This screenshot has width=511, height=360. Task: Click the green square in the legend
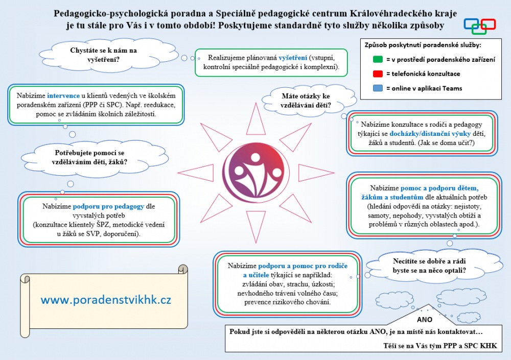pos(378,60)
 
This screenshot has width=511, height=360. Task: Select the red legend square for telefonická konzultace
pos(378,74)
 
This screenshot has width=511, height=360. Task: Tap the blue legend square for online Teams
pos(378,88)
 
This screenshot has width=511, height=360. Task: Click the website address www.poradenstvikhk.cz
pos(106,300)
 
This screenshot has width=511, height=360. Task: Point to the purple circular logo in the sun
pos(255,172)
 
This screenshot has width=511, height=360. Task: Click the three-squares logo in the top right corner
pos(479,26)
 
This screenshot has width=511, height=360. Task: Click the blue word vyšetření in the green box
pos(293,58)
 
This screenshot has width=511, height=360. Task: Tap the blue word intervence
pos(63,95)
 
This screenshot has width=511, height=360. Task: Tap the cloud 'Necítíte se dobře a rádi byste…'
pos(429,266)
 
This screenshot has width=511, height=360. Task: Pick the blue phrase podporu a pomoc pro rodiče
pos(303,266)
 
